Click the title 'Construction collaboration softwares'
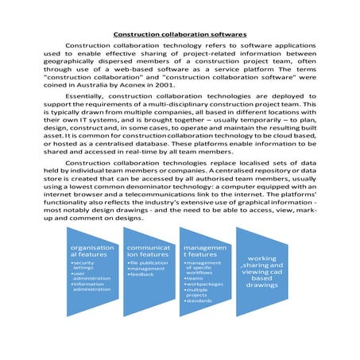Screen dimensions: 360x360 click(180, 35)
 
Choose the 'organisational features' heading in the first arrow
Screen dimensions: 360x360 click(93, 252)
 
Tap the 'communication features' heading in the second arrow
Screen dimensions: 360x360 click(149, 252)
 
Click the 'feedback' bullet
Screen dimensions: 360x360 click(143, 274)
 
